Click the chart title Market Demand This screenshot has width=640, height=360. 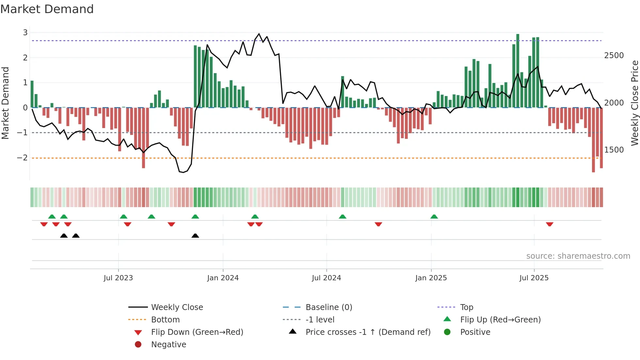pyautogui.click(x=47, y=9)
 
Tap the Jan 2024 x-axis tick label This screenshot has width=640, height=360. pyautogui.click(x=223, y=278)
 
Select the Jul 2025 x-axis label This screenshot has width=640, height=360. pyautogui.click(x=534, y=278)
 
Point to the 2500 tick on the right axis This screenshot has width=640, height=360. pyautogui.click(x=614, y=56)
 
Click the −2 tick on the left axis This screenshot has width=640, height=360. pyautogui.click(x=23, y=158)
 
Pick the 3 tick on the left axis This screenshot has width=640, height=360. pyautogui.click(x=25, y=33)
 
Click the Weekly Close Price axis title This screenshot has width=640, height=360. pyautogui.click(x=634, y=103)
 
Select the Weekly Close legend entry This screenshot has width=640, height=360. pyautogui.click(x=177, y=307)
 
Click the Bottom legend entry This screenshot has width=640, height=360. pyautogui.click(x=165, y=320)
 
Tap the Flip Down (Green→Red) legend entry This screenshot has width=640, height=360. pyautogui.click(x=197, y=332)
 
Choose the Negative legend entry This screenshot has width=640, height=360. pyautogui.click(x=168, y=345)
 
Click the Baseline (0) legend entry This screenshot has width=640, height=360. pyautogui.click(x=328, y=307)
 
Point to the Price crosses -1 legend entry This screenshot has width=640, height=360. pyautogui.click(x=368, y=332)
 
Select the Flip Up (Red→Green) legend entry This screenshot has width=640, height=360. pyautogui.click(x=500, y=320)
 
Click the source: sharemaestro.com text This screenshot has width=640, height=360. pyautogui.click(x=578, y=256)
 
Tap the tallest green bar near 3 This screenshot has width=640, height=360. pyautogui.click(x=518, y=70)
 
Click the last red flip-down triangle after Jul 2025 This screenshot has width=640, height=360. pyautogui.click(x=550, y=224)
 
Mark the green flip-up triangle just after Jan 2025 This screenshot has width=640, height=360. pyautogui.click(x=434, y=217)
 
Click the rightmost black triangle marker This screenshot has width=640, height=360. pyautogui.click(x=195, y=236)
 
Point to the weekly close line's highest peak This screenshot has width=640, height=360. pyautogui.click(x=259, y=34)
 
